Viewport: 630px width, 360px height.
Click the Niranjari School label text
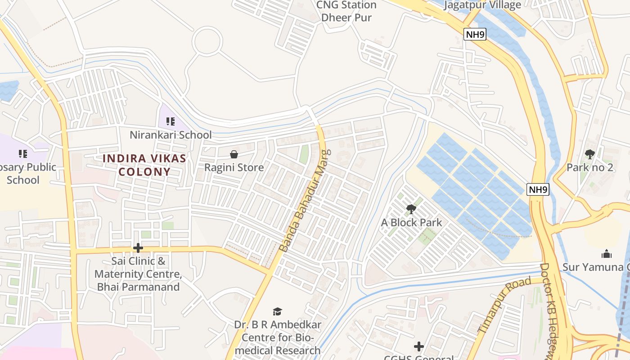pyautogui.click(x=171, y=135)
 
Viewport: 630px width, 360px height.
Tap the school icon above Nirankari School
pyautogui.click(x=170, y=121)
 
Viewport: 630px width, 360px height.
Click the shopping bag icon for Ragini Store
pyautogui.click(x=234, y=154)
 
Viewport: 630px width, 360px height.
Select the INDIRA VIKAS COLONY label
pyautogui.click(x=144, y=165)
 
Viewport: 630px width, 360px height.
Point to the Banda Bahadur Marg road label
pyautogui.click(x=304, y=201)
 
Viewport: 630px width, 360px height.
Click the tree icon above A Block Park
pyautogui.click(x=411, y=209)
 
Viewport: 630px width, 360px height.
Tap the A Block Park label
pyautogui.click(x=411, y=222)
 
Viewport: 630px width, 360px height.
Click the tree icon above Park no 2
pyautogui.click(x=589, y=154)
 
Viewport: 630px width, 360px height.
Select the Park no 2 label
pyautogui.click(x=589, y=167)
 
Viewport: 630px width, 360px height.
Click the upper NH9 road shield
pyautogui.click(x=475, y=34)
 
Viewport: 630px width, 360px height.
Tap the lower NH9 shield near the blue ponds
pyautogui.click(x=538, y=189)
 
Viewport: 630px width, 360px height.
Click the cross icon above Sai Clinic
pyautogui.click(x=138, y=248)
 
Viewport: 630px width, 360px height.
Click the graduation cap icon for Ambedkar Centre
pyautogui.click(x=277, y=311)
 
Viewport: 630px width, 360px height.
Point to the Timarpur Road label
pyautogui.click(x=504, y=306)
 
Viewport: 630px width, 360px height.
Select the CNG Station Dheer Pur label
pyautogui.click(x=346, y=11)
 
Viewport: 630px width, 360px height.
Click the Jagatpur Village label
pyautogui.click(x=482, y=5)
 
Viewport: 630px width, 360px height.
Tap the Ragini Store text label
pyautogui.click(x=234, y=167)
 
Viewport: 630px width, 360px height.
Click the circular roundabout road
pyautogui.click(x=207, y=40)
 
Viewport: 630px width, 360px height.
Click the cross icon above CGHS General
pyautogui.click(x=419, y=346)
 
